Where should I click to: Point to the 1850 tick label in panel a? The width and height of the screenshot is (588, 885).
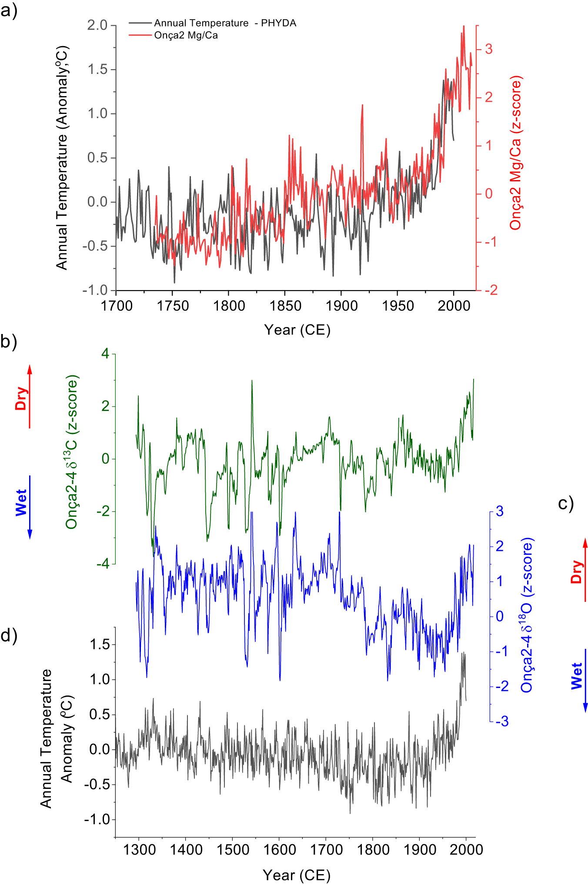point(285,306)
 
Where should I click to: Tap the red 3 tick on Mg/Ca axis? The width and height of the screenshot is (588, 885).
point(489,49)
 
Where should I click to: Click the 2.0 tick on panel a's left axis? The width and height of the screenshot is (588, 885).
point(97,25)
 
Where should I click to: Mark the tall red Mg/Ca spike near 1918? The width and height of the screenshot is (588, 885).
point(362,106)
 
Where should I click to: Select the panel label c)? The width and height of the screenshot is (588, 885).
point(565,503)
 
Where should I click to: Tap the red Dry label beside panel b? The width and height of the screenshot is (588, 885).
point(20,398)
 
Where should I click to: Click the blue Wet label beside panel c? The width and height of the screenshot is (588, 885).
point(577,676)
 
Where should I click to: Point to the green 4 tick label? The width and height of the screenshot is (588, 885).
point(105,354)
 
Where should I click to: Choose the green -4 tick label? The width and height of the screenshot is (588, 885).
point(103,564)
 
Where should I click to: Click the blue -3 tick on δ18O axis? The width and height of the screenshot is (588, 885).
point(502,721)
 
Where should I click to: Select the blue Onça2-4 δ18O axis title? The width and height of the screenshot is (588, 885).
point(527,615)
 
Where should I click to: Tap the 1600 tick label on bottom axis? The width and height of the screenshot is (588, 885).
point(279,849)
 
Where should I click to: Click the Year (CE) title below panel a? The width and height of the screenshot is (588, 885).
point(297,330)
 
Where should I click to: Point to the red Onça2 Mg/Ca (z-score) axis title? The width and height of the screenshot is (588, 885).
point(516,153)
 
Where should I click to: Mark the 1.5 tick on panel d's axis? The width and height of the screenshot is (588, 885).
point(99,645)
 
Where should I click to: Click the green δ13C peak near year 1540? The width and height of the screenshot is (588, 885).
point(252,381)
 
